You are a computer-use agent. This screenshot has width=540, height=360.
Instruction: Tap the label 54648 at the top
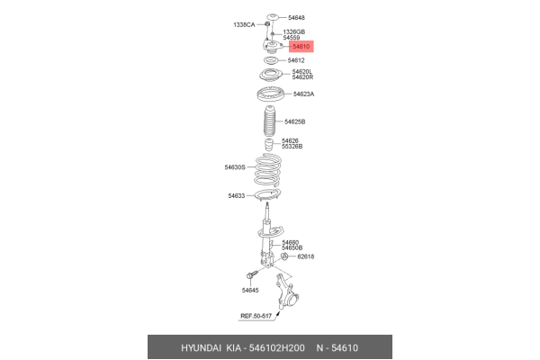pos(295,17)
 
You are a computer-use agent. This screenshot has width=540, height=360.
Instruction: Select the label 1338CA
pos(245,24)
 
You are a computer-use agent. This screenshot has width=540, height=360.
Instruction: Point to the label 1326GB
pos(294,31)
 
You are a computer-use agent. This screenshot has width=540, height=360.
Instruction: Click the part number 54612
pos(296,60)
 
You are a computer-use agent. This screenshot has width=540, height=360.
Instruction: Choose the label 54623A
pos(301,94)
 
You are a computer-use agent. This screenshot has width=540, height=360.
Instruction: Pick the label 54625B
pos(295,121)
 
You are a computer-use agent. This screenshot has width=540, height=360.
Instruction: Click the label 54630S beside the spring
pos(234,166)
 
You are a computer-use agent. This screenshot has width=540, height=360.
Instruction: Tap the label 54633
pos(236,195)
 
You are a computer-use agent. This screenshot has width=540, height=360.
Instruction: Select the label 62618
pos(306,256)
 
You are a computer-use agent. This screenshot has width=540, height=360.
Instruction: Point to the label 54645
pos(249,290)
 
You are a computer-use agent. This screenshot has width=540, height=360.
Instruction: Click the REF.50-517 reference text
pos(256,316)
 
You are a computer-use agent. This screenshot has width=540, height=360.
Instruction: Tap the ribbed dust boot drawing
pos(269,121)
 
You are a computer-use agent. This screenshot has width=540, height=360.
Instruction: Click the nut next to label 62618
pos(284,256)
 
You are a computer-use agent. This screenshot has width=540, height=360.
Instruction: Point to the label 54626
pos(290,140)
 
